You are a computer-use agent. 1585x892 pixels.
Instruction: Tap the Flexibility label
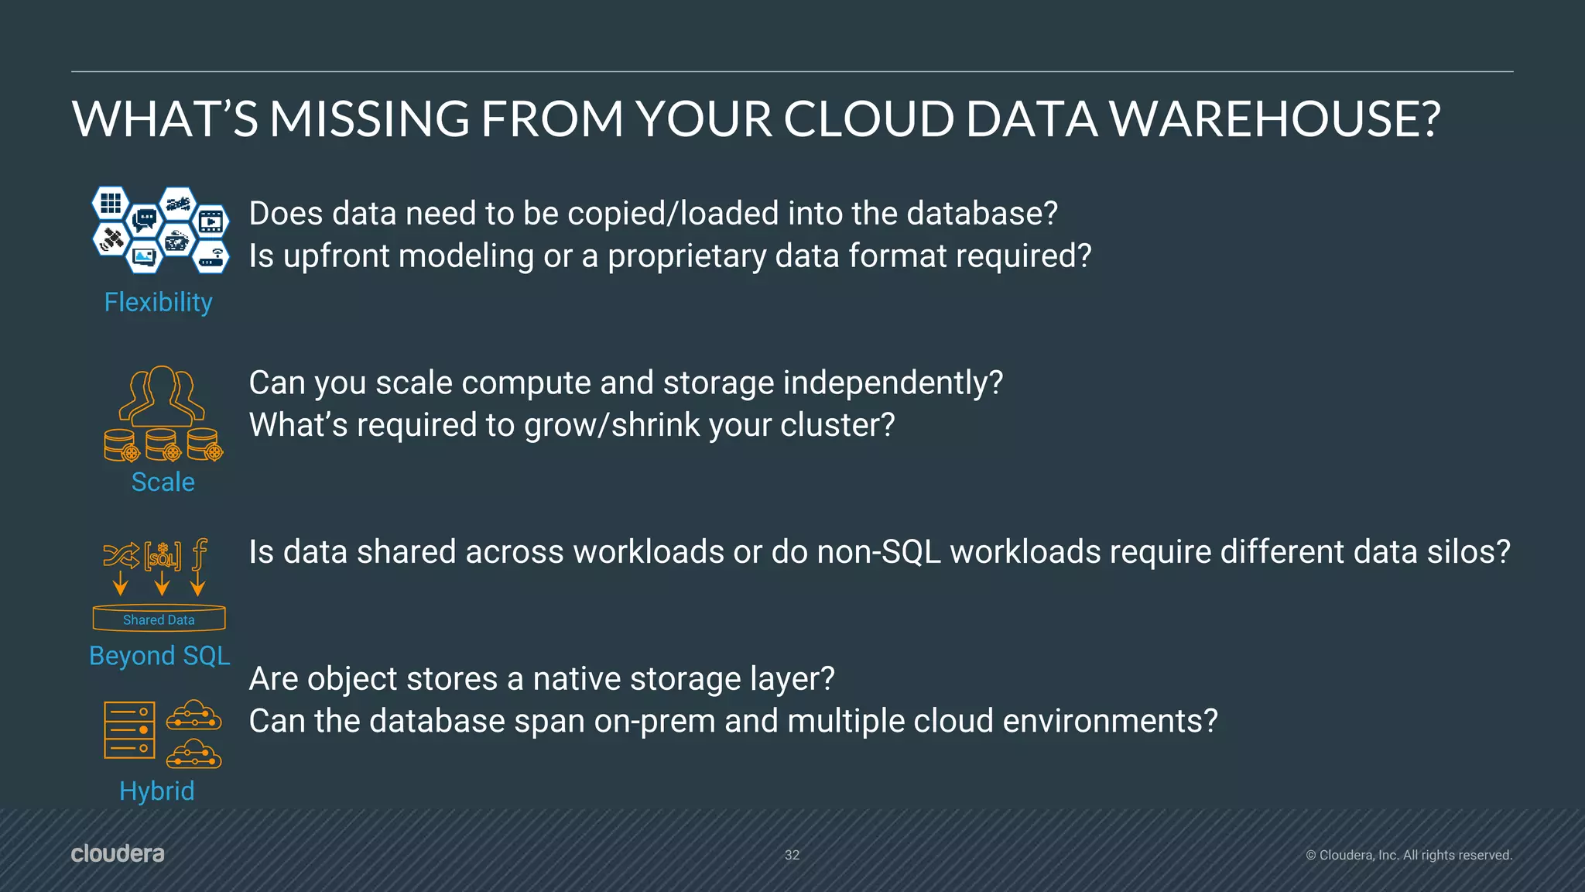pos(158,302)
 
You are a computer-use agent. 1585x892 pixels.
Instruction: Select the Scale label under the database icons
pos(163,482)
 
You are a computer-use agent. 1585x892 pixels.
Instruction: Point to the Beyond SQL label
pos(159,656)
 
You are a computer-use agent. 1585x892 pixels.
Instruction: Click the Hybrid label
pos(156,791)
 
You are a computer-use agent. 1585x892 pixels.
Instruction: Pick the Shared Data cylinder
pos(159,619)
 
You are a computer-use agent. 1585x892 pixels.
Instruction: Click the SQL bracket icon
pos(163,555)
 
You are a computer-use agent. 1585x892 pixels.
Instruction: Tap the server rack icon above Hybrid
pos(129,729)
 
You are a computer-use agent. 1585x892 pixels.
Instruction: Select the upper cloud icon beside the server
pos(193,715)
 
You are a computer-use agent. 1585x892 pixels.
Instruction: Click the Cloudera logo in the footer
pos(118,853)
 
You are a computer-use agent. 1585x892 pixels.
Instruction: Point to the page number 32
pos(792,855)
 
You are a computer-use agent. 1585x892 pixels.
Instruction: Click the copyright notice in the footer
pos(1409,855)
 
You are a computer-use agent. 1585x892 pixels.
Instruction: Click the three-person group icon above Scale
pos(162,396)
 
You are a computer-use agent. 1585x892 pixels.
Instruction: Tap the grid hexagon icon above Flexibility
pos(111,203)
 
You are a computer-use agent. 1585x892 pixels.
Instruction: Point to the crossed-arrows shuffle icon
pos(122,554)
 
